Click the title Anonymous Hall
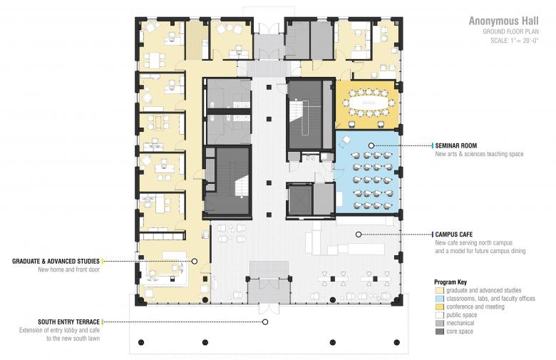point(503,21)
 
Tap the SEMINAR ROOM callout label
point(456,145)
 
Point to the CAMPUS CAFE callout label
point(454,235)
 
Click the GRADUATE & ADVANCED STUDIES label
point(56,262)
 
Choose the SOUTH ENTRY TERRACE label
point(69,322)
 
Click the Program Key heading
point(451,282)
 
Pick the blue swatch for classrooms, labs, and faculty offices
point(440,299)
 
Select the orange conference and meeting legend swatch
point(440,307)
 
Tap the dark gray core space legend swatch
point(440,331)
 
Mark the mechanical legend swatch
point(440,323)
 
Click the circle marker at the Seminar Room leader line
point(371,145)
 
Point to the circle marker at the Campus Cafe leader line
point(359,235)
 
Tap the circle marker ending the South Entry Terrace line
point(265,322)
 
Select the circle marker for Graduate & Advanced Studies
point(195,262)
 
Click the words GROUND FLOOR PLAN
point(510,32)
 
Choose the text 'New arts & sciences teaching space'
point(480,154)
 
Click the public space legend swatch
point(440,315)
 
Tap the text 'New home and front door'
point(69,269)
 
